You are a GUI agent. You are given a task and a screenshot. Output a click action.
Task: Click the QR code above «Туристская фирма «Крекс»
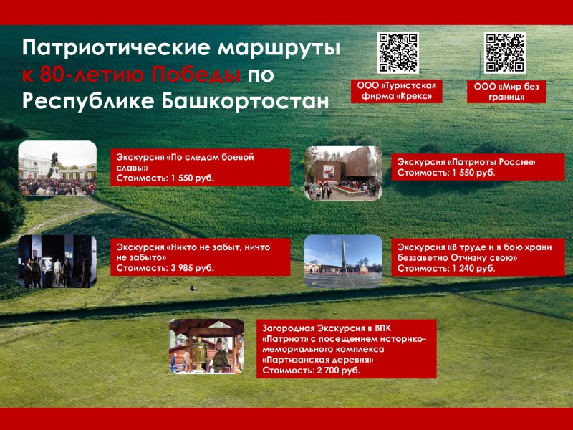click(398, 52)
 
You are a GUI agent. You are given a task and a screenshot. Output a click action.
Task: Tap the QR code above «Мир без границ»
click(505, 52)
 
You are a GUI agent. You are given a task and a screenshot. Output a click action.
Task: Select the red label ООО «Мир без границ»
click(506, 92)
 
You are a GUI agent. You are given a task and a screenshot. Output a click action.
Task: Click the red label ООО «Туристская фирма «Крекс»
click(397, 91)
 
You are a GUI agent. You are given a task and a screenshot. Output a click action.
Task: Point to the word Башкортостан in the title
click(245, 101)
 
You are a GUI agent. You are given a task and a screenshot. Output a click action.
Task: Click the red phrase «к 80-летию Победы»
click(131, 75)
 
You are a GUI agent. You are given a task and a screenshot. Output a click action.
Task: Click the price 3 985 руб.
click(192, 268)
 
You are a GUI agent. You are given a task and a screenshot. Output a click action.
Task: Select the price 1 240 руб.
click(473, 269)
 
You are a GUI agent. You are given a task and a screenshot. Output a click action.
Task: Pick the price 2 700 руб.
click(338, 371)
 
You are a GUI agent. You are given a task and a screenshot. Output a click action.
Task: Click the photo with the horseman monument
click(57, 168)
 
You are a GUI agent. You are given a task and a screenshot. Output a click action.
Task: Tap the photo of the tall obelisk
click(343, 261)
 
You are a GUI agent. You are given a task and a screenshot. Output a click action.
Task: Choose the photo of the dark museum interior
click(57, 262)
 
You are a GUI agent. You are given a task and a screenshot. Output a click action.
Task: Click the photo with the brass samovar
click(206, 346)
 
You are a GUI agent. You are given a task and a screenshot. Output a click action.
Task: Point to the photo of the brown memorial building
click(343, 173)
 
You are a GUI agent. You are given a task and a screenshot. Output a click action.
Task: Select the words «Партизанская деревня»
click(318, 360)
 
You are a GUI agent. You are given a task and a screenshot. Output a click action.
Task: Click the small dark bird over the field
click(193, 289)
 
